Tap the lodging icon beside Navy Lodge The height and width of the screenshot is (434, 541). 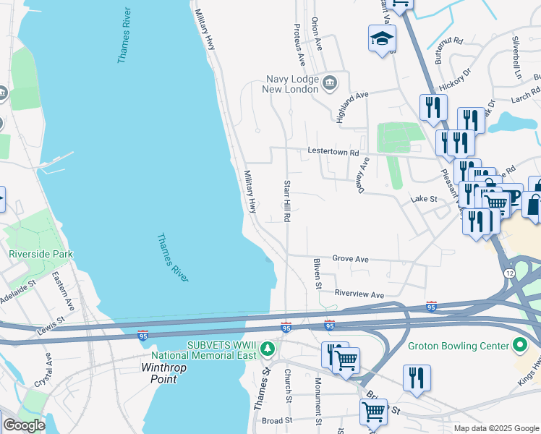pos(330,80)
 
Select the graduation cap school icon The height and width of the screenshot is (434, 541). pos(381,40)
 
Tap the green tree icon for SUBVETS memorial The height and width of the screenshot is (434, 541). pos(268,349)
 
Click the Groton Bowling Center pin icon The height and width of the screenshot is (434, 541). pos(519,346)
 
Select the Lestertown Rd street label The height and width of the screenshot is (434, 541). pos(333,153)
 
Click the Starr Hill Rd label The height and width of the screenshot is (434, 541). pos(287,200)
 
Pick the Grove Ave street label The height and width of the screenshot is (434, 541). pos(351,258)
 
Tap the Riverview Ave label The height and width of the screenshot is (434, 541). pos(359,294)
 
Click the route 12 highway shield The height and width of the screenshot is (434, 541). pos(510,271)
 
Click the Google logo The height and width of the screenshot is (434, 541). pos(23,425)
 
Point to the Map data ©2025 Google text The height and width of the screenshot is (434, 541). pos(496,428)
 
